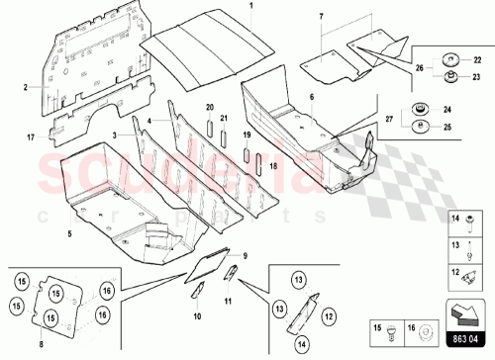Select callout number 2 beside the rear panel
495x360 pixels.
(26, 88)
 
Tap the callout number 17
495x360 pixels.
(30, 135)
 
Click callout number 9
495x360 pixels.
(247, 256)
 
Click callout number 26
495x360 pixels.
(419, 67)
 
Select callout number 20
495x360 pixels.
(209, 106)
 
